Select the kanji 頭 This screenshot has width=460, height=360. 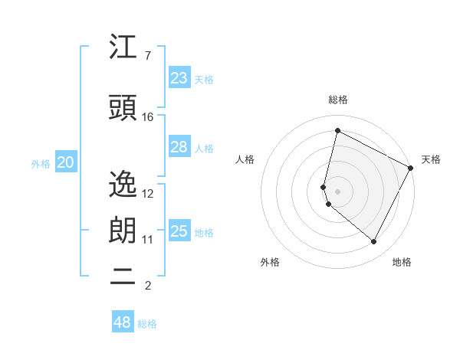point(123,108)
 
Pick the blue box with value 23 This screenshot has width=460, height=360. point(179,78)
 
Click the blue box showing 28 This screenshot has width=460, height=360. point(179,147)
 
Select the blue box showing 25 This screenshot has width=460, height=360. point(179,231)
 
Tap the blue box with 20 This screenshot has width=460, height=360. point(66,162)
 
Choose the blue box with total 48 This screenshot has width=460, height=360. point(123,322)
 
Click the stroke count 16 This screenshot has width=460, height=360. point(148,117)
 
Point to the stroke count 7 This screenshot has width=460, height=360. point(147,56)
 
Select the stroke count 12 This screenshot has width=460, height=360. point(148,193)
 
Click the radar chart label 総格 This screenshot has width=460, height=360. point(338,100)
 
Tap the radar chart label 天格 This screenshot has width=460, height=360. point(431,159)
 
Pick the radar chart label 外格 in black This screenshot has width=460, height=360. point(270,263)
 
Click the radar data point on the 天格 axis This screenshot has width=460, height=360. point(411,167)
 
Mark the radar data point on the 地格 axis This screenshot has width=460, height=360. point(373,242)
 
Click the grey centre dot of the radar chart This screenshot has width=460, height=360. point(338,191)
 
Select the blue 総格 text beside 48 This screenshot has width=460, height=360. point(147,324)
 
